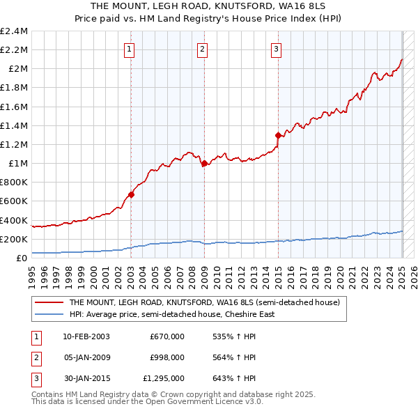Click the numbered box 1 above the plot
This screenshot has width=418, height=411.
pos(130,49)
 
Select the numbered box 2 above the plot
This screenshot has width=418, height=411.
pos(202,49)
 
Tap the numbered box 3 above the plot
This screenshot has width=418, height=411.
pos(276,49)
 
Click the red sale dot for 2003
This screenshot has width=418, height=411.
pos(131,195)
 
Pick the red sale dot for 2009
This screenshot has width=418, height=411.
pos(204,164)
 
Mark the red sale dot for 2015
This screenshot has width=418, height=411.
pos(278,135)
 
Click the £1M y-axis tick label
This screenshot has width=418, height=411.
pos(17,164)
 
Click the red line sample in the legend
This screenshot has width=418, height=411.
pos(50,303)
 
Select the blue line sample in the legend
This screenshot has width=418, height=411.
pos(50,314)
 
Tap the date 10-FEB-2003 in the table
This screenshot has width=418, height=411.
pos(86,336)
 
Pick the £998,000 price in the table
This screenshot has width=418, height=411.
pos(167,357)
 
